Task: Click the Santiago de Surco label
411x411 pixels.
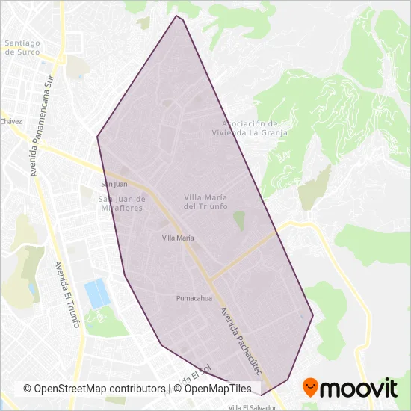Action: pos(22,48)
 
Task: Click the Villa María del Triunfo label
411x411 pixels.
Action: pos(205,201)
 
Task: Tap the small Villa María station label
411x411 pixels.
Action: pos(179,238)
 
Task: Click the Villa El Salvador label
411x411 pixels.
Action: pos(253,407)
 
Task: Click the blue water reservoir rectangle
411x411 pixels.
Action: pos(96,293)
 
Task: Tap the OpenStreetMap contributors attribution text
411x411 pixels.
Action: pos(94,389)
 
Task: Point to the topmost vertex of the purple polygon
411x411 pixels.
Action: pos(177,15)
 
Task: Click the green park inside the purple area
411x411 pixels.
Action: pos(239,221)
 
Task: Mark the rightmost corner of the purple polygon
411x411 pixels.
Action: pos(313,316)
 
